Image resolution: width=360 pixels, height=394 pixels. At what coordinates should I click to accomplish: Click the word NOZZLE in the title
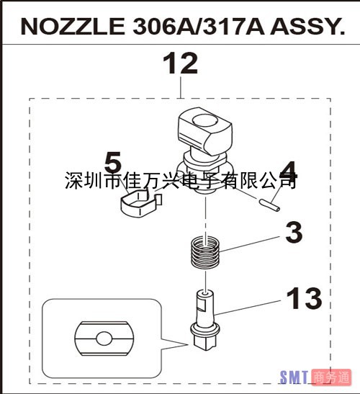[x=73, y=27]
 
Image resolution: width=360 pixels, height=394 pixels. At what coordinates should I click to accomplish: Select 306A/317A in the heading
[x=199, y=27]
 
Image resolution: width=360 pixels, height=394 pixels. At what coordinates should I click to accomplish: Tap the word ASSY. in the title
[x=307, y=27]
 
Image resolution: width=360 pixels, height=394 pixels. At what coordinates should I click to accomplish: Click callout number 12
[x=180, y=63]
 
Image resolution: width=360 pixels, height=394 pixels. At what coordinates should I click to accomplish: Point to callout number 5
[x=113, y=162]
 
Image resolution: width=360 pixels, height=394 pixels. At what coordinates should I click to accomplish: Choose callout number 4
[x=289, y=171]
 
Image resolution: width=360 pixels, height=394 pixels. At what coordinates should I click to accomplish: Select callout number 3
[x=294, y=233]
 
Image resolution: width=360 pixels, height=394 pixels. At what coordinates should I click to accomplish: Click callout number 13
[x=304, y=298]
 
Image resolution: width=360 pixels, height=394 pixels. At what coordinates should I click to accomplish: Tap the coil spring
[x=205, y=253]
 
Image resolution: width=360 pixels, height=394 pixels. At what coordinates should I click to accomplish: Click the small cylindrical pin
[x=269, y=205]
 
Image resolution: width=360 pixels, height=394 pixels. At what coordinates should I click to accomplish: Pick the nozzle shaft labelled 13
[x=205, y=320]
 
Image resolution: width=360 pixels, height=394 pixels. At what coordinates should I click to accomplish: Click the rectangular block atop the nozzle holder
[x=204, y=130]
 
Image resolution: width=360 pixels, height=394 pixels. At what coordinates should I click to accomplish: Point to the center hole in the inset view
[x=104, y=339]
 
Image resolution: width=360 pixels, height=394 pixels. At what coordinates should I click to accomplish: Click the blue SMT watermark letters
[x=294, y=377]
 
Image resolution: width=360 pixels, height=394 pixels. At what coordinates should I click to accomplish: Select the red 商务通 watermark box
[x=331, y=377]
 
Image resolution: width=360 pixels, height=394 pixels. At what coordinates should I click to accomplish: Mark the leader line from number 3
[x=250, y=243]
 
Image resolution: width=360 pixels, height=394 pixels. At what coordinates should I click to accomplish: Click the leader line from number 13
[x=247, y=308]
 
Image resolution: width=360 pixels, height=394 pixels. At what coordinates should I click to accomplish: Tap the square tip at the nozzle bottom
[x=205, y=341]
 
